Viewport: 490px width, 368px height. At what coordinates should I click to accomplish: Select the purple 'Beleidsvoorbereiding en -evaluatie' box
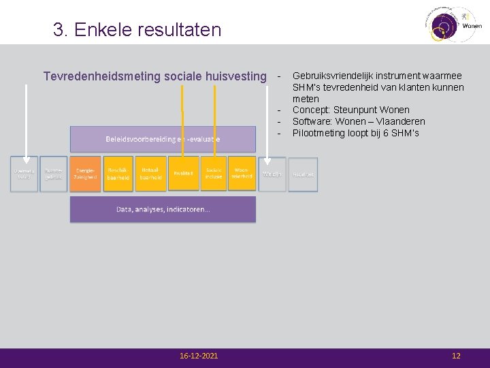point(163,139)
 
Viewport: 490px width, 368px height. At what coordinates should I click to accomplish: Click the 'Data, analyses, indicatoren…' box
point(163,209)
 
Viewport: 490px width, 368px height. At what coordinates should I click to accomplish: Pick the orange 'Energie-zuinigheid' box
point(85,174)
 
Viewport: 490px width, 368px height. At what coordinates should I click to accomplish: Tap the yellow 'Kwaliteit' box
point(183,174)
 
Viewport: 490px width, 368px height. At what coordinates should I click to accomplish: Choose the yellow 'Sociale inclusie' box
point(214,174)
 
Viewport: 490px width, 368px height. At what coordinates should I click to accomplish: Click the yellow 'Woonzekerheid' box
point(242,174)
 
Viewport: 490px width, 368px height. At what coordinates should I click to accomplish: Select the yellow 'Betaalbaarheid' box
point(150,174)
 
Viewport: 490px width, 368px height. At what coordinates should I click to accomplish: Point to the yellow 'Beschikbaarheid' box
point(118,174)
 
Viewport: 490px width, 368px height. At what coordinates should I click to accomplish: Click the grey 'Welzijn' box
point(272,174)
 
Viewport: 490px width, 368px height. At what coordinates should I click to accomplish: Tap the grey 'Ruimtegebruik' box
point(54,174)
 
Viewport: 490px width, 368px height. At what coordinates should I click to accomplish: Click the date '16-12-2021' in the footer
point(199,356)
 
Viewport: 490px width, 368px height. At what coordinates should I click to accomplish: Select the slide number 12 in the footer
point(456,356)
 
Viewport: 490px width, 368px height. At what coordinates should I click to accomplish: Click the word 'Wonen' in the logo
point(472,26)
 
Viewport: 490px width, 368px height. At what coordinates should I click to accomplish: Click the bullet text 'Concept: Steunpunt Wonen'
point(350,110)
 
